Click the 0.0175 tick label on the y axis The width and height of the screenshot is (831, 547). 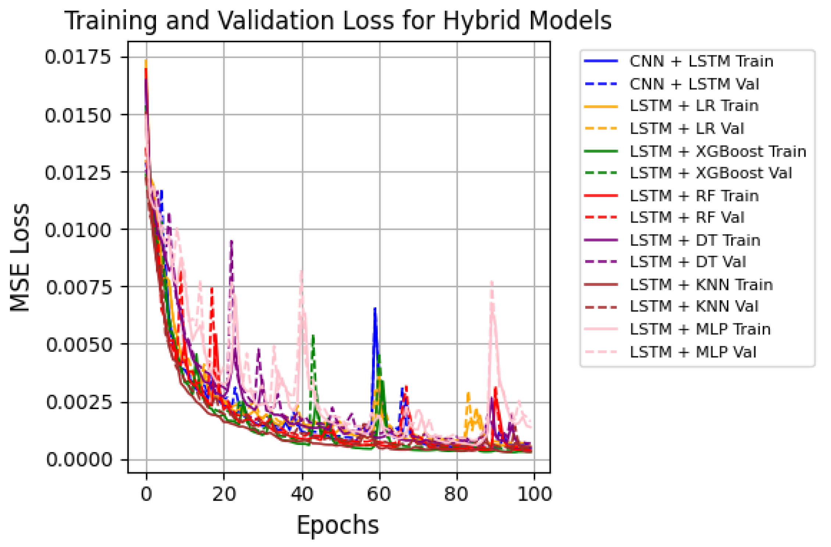coord(78,57)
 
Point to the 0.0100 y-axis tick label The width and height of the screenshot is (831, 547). coord(78,230)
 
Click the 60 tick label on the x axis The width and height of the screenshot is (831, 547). coord(379,494)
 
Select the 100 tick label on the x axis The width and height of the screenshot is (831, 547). coord(534,494)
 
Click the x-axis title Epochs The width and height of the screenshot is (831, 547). coord(337,525)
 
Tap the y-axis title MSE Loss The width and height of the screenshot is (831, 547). coord(20,257)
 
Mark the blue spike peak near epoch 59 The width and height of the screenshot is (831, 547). coord(375,308)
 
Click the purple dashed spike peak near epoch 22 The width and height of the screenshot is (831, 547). coord(231,241)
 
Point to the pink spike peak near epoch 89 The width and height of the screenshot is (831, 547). coord(492,282)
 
